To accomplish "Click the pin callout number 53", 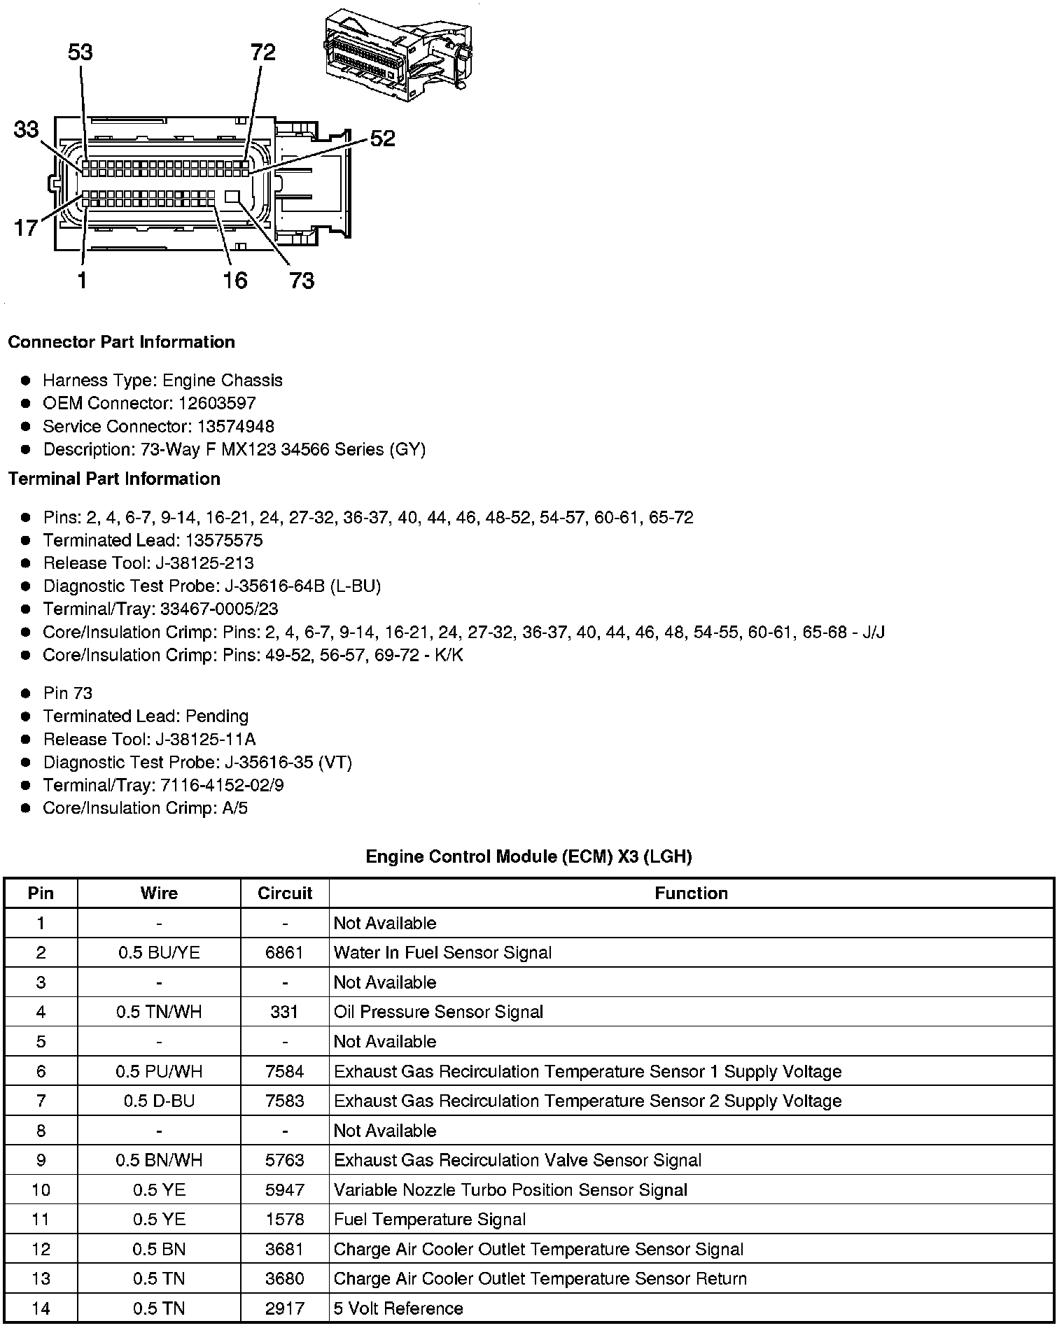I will pos(80,52).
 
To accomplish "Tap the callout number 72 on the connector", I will pos(263,52).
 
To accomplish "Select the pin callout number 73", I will pos(302,281).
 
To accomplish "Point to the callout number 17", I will pos(26,228).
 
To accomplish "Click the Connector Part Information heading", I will pos(121,342).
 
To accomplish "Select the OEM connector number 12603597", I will pos(217,403).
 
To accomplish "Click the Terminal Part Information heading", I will pos(114,479).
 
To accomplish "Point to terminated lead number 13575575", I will pos(224,540).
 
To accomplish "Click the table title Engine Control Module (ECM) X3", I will pos(528,856).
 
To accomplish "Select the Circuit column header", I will pos(284,893).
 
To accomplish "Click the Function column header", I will pos(691,893).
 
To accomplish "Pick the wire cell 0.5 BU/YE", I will pos(159,952).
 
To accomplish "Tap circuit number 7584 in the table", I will pos(284,1071).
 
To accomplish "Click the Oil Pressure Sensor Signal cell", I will pos(438,1012).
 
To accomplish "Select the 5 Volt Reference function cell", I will pos(398,1308).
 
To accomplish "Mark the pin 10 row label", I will pos(41,1190).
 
